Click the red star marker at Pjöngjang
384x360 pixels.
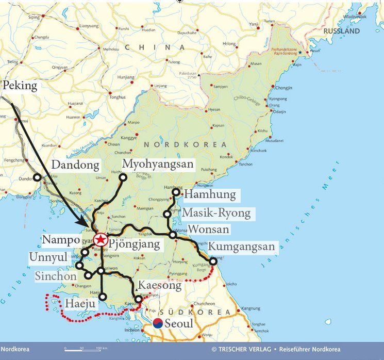(x=101, y=239)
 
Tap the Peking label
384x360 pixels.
(x=20, y=86)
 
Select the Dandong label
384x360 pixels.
(x=75, y=166)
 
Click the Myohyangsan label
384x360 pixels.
(x=158, y=165)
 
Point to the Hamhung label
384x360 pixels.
(x=210, y=195)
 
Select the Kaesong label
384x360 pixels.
(x=160, y=285)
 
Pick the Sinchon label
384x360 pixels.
(x=57, y=276)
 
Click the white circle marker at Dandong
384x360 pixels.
(x=37, y=178)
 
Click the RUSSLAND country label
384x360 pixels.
(x=342, y=31)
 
